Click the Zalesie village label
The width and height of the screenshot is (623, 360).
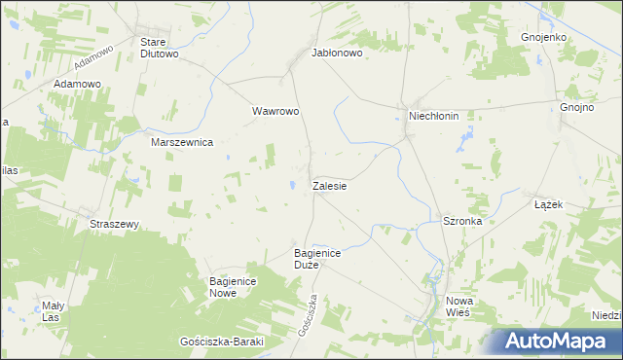point(330,185)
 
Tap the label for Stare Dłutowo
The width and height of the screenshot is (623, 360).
point(160,49)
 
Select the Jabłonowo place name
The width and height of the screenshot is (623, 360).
point(337,54)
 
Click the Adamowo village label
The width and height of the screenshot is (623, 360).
point(78,85)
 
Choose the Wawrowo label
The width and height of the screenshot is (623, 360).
point(275,111)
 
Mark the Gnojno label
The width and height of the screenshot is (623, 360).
point(576,108)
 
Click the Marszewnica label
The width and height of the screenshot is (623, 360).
point(182,142)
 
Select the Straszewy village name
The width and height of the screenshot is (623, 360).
point(115,224)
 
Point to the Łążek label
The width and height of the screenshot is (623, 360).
point(549,205)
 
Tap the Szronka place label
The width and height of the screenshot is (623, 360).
point(462,221)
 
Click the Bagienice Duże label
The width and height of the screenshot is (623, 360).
point(316,259)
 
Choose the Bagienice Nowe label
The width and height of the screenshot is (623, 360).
point(232,287)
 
